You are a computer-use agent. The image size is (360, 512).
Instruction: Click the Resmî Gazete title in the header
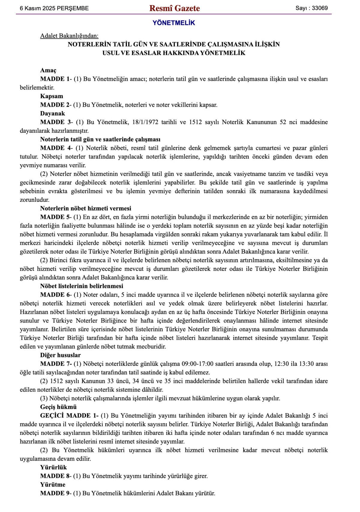click(x=174, y=8)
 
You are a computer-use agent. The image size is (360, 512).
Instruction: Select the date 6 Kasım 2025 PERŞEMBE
click(x=54, y=8)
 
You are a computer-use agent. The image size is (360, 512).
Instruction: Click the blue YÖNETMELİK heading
click(x=174, y=23)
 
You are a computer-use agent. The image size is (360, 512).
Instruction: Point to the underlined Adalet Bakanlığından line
click(x=69, y=36)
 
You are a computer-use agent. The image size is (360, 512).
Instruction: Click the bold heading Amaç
click(x=48, y=70)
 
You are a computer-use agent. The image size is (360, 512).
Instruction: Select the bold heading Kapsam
click(x=52, y=96)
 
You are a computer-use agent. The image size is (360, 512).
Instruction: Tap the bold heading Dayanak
click(x=52, y=114)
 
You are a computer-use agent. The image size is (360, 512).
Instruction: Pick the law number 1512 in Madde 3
click(x=195, y=122)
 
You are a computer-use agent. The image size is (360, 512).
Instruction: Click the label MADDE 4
click(x=56, y=148)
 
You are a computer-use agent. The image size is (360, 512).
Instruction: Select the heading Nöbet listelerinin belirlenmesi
click(x=82, y=286)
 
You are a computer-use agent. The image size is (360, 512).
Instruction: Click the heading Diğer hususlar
click(x=60, y=355)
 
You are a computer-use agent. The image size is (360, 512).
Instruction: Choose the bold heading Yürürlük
click(x=53, y=468)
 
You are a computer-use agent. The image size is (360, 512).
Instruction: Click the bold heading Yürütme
click(x=53, y=485)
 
